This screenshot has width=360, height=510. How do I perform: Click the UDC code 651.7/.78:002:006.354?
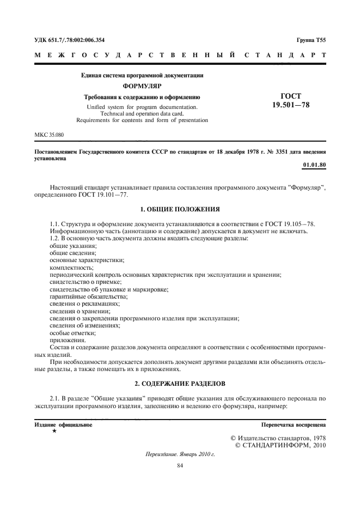pyautogui.click(x=74, y=40)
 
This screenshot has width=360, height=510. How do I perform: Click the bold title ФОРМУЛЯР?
pyautogui.click(x=142, y=86)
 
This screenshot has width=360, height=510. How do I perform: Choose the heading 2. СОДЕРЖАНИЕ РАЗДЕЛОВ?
pyautogui.click(x=180, y=384)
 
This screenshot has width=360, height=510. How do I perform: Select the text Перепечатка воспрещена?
pyautogui.click(x=294, y=424)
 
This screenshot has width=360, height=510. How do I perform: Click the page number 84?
pyautogui.click(x=180, y=465)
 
